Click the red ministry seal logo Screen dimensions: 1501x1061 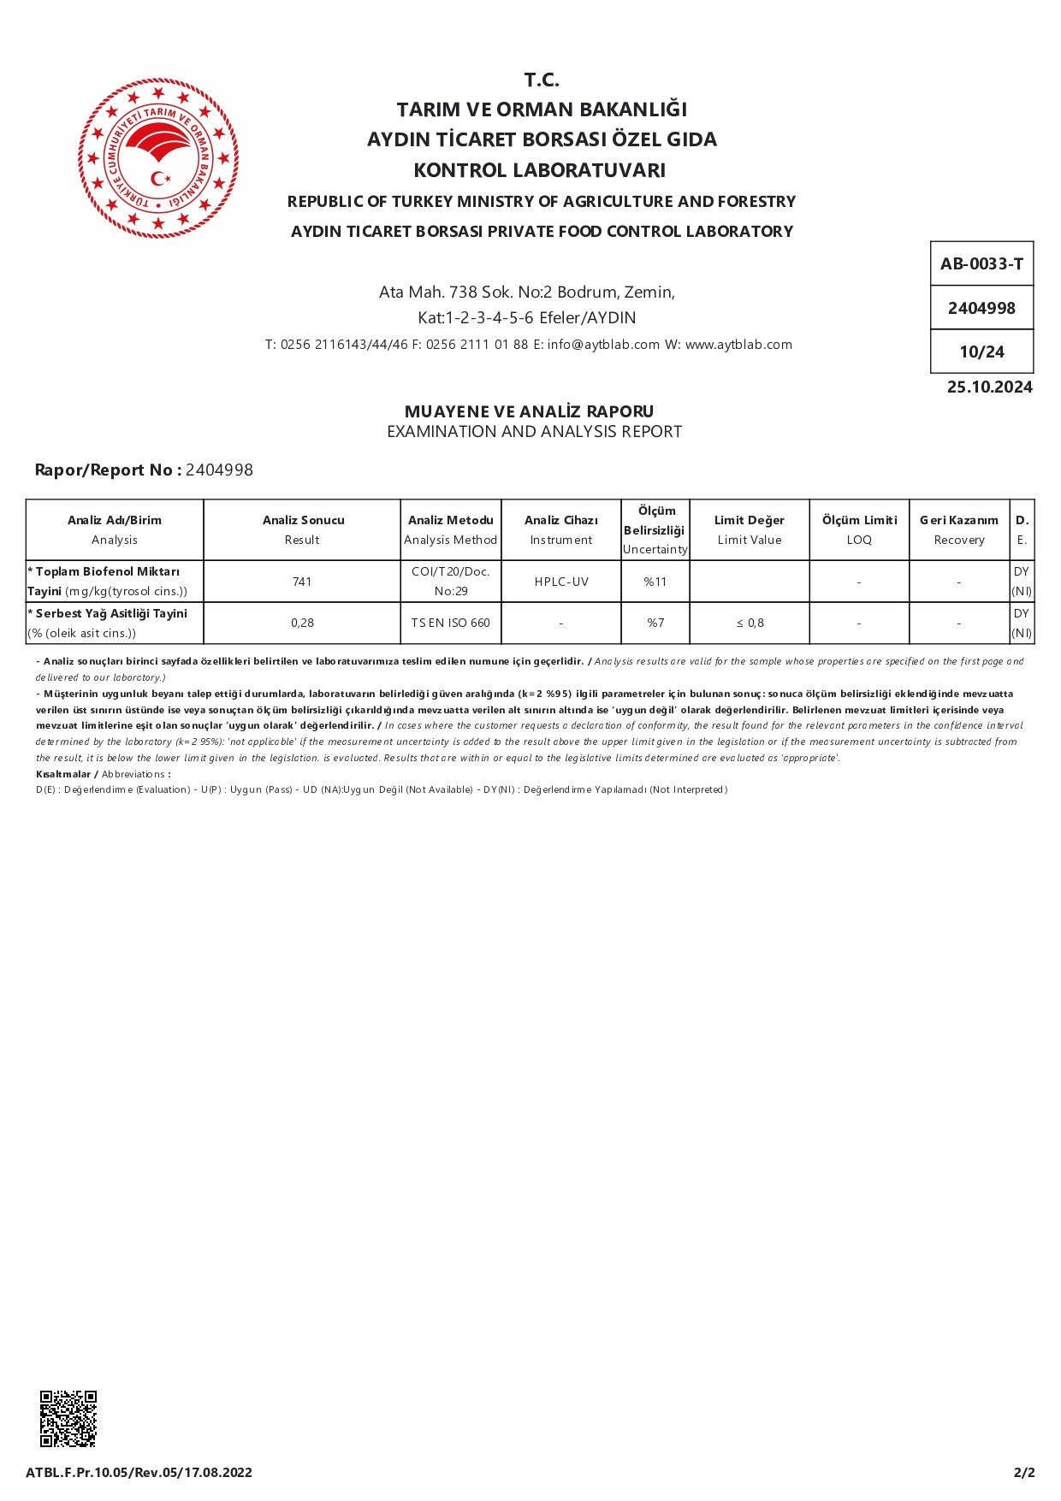(x=158, y=158)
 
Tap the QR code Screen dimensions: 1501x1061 (x=68, y=1418)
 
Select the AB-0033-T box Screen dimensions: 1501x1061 (x=981, y=263)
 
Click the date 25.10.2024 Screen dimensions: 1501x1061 (x=989, y=387)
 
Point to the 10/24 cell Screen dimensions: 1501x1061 (x=981, y=352)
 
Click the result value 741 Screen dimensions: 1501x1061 (x=302, y=582)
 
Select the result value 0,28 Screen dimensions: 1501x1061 (x=302, y=623)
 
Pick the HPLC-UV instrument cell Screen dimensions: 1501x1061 (x=561, y=582)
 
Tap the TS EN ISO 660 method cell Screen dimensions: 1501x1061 (x=450, y=623)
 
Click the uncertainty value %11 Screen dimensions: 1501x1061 (x=655, y=582)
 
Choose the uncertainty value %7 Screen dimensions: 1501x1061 (x=655, y=623)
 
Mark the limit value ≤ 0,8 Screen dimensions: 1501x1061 (x=750, y=623)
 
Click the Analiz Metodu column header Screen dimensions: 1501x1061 (x=450, y=529)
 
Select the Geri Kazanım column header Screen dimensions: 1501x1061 (x=959, y=529)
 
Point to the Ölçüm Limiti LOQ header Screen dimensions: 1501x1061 (x=859, y=529)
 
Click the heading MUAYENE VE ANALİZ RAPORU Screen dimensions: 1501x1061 (x=529, y=411)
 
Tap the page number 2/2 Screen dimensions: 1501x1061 (x=1024, y=1472)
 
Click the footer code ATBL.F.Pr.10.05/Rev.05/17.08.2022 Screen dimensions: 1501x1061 (x=139, y=1472)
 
